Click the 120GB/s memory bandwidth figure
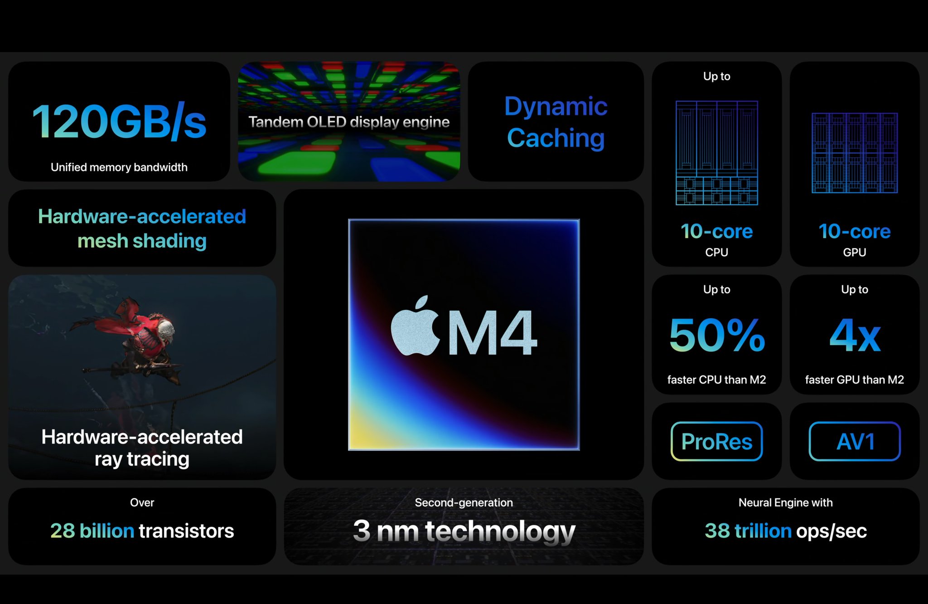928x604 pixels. [x=119, y=122]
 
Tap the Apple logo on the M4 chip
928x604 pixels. [x=415, y=326]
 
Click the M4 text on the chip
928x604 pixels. [x=493, y=333]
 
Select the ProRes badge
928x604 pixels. [x=716, y=441]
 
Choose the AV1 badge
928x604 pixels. [x=855, y=441]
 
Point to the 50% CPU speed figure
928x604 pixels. [x=717, y=336]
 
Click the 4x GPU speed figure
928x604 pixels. [x=855, y=336]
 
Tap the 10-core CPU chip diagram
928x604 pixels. [x=717, y=153]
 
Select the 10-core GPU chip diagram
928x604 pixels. [x=855, y=153]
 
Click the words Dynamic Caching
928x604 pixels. [x=556, y=122]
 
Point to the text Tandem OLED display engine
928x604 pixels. [x=349, y=122]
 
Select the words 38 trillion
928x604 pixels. [x=748, y=531]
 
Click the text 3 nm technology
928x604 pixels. [x=464, y=531]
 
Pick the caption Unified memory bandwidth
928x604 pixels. [x=119, y=167]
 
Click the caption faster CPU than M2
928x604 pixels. [x=717, y=380]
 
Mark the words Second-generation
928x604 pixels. [x=464, y=502]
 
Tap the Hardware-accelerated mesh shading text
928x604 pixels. [x=142, y=229]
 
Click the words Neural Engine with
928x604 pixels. [x=786, y=502]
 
